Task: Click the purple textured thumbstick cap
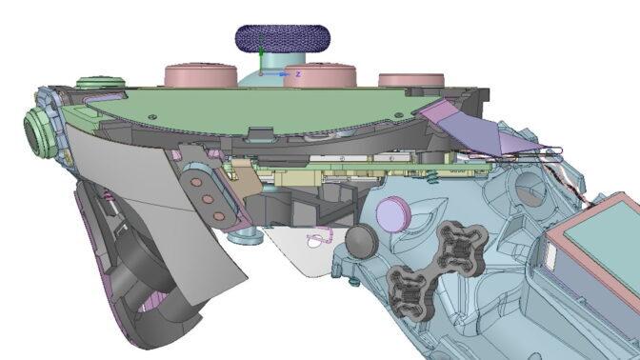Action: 283,38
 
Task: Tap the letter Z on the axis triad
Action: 298,74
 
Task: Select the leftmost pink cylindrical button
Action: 201,74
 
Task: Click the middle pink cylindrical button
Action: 320,75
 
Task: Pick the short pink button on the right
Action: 411,80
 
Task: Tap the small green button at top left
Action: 100,83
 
